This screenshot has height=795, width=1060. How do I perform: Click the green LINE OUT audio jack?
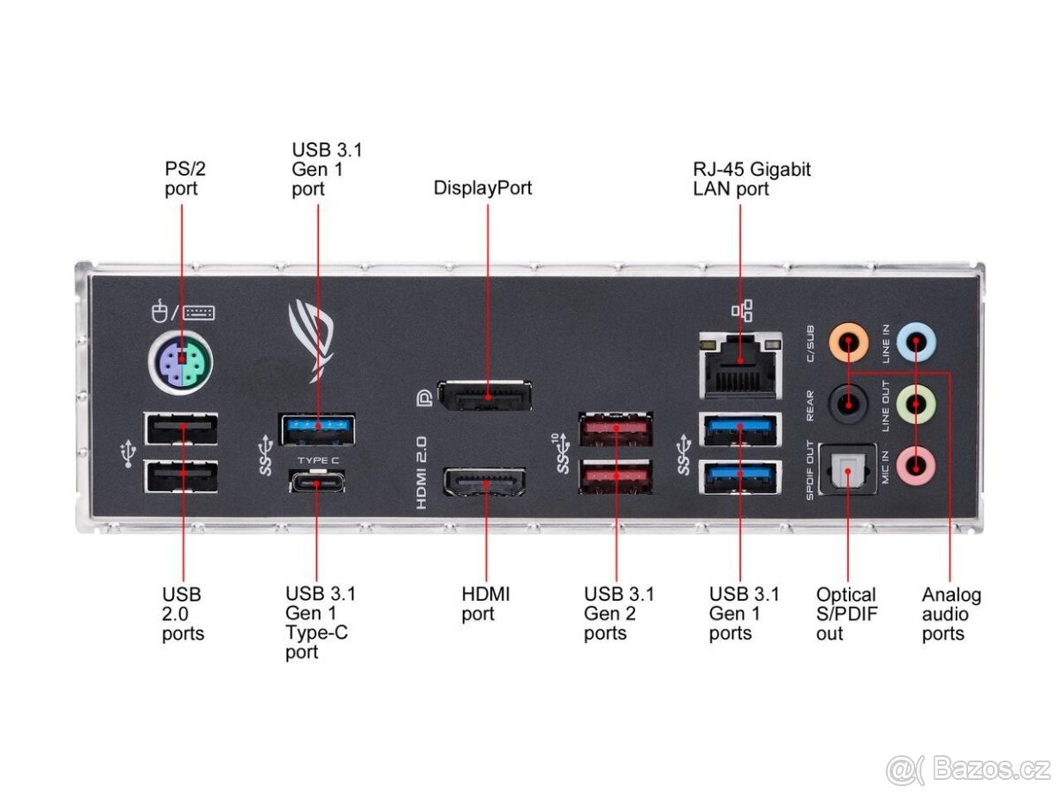coord(916,405)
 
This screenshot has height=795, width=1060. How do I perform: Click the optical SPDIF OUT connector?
coord(848,468)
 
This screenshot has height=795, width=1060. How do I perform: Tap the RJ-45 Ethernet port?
coord(740,365)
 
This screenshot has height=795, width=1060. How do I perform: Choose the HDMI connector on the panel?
coord(485,483)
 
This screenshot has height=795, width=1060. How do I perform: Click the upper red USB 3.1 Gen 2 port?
coord(616,430)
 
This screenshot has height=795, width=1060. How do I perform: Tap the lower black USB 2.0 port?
coord(182,478)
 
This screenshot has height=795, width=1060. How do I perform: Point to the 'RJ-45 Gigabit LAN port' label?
coord(752,178)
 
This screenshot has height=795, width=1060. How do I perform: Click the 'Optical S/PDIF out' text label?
coord(845,614)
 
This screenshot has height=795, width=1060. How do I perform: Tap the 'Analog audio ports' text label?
coord(950,614)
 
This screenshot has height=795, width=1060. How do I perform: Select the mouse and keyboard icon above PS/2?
coord(183,312)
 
